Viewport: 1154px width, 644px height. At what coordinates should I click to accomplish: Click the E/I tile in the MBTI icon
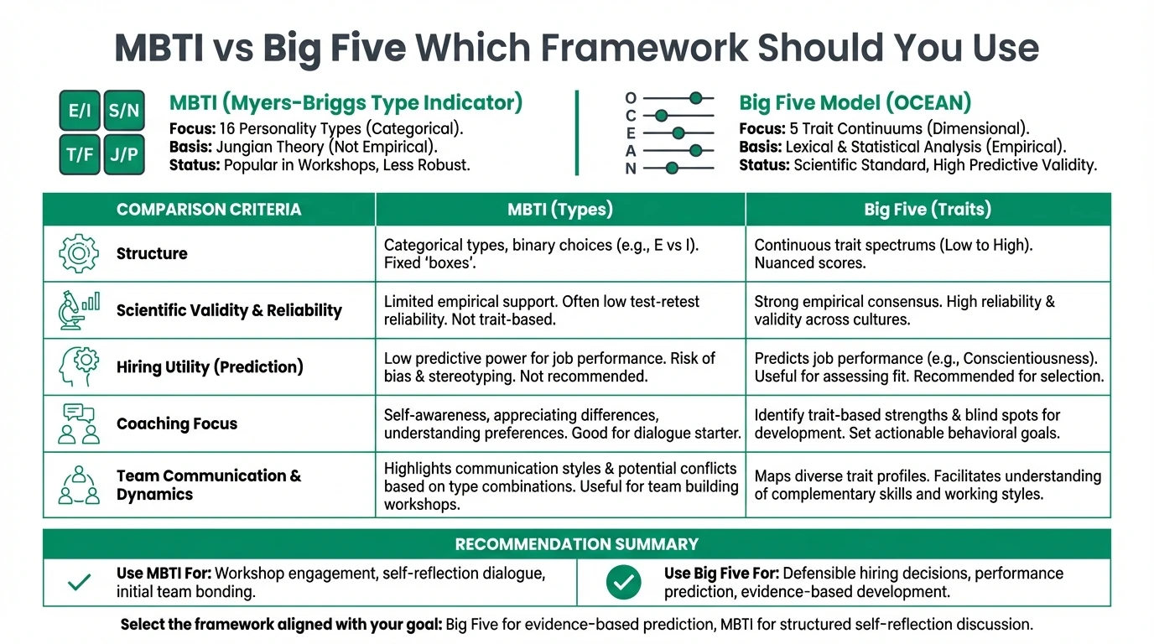coord(80,111)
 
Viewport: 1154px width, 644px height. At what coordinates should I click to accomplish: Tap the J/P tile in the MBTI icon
coord(124,154)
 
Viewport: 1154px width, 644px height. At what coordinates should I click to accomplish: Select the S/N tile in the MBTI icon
coord(124,111)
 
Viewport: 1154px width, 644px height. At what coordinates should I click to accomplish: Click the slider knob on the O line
coord(695,98)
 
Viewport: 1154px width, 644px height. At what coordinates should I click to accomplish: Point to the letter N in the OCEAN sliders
coord(631,169)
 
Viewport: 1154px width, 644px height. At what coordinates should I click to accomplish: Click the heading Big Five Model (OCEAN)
coord(855,103)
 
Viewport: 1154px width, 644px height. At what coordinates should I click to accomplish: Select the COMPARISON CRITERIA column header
coord(208,210)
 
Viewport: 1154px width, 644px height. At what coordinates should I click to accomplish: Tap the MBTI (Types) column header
coord(560,210)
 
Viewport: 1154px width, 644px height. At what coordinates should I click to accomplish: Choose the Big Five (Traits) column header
coord(928,210)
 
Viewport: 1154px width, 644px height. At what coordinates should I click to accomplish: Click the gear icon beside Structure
coord(79,253)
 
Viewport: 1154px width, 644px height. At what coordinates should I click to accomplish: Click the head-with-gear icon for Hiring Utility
coord(79,366)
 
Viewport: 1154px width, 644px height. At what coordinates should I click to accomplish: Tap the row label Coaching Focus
coord(176,423)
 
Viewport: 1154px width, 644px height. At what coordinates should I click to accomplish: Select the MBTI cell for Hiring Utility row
coord(560,367)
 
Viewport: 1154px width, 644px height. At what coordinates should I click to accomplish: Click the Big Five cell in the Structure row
coord(928,253)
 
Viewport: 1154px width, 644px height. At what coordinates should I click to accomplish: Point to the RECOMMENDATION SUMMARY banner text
coord(576,544)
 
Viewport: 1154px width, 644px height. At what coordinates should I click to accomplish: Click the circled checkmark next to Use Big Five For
coord(623,582)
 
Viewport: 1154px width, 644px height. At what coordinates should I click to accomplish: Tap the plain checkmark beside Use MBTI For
coord(79,582)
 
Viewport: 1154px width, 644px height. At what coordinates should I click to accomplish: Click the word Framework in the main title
coord(648,48)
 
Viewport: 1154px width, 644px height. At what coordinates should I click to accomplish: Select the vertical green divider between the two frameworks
coord(577,132)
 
